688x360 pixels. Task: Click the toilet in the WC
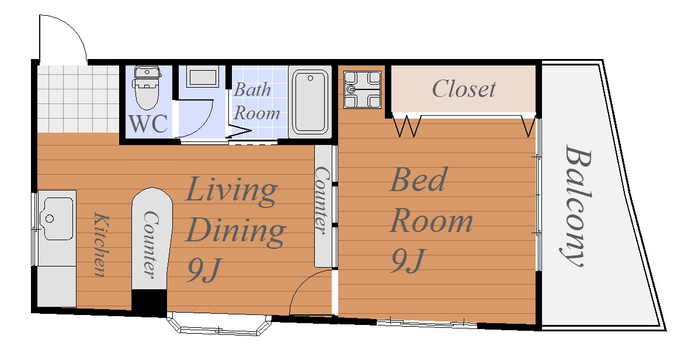pyautogui.click(x=147, y=88)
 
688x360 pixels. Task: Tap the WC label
pyautogui.click(x=148, y=123)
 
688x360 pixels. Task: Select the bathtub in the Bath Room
pyautogui.click(x=310, y=102)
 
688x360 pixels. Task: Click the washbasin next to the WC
pyautogui.click(x=202, y=77)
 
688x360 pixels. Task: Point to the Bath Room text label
pyautogui.click(x=256, y=102)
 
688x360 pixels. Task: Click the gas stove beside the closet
pyautogui.click(x=363, y=89)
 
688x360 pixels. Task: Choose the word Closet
pyautogui.click(x=464, y=89)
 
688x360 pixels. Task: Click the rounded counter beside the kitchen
pyautogui.click(x=151, y=238)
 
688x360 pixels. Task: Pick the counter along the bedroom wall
pyautogui.click(x=323, y=206)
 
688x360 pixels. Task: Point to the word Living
pyautogui.click(x=231, y=191)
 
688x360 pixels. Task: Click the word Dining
pyautogui.click(x=235, y=231)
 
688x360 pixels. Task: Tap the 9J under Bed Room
pyautogui.click(x=408, y=260)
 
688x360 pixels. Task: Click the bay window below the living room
pyautogui.click(x=220, y=325)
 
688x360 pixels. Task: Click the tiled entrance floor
pyautogui.click(x=78, y=99)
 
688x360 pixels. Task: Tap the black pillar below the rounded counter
pyautogui.click(x=149, y=303)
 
